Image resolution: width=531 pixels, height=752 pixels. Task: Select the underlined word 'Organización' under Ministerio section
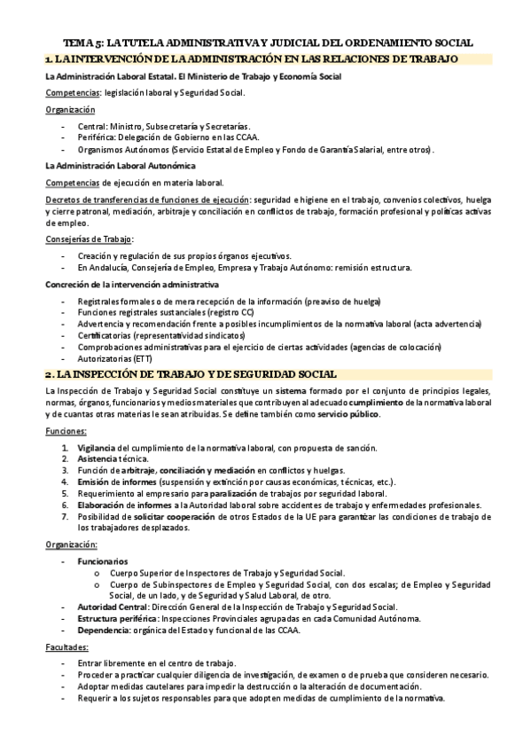(x=70, y=109)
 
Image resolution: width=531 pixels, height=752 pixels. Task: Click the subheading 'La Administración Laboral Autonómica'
(x=121, y=166)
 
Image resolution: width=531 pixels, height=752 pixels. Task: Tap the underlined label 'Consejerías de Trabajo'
(x=89, y=239)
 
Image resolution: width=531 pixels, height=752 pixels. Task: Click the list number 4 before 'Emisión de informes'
(x=65, y=482)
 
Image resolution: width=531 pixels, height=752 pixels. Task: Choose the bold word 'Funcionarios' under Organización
(x=102, y=561)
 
